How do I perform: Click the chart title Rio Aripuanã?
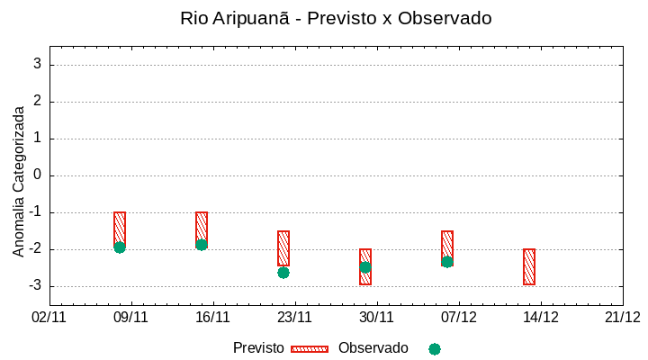coord(336,18)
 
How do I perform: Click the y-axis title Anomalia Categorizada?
coord(19,181)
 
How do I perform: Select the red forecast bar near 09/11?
coord(120,227)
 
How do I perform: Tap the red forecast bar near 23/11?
coord(283,247)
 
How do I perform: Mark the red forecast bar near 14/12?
coord(529,266)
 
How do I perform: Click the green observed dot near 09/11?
coord(120,247)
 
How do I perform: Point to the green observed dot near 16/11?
coord(202,245)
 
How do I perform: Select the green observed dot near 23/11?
coord(283,273)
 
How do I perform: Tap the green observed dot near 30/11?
coord(365,267)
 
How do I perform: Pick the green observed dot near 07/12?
coord(447,262)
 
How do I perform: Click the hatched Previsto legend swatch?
coord(310,348)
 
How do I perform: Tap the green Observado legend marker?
coord(435,349)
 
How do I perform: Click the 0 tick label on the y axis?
coord(38,175)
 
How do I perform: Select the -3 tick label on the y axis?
coord(35,286)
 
